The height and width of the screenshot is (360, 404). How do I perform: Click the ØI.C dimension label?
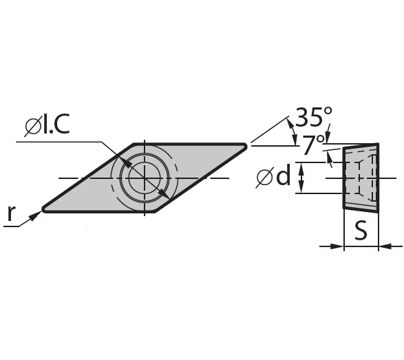point(47,125)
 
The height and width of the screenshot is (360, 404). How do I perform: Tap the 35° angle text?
point(313,117)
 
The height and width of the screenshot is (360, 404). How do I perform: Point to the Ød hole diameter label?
point(273,176)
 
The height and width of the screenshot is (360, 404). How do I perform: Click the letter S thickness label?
point(361,231)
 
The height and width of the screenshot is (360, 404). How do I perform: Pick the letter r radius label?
point(11,213)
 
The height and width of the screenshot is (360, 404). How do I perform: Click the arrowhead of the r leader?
point(35,216)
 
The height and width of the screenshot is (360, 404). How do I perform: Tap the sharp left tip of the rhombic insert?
point(43,209)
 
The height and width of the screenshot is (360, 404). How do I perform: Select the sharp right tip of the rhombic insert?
point(246,146)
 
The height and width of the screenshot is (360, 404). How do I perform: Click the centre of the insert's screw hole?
point(145,178)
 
